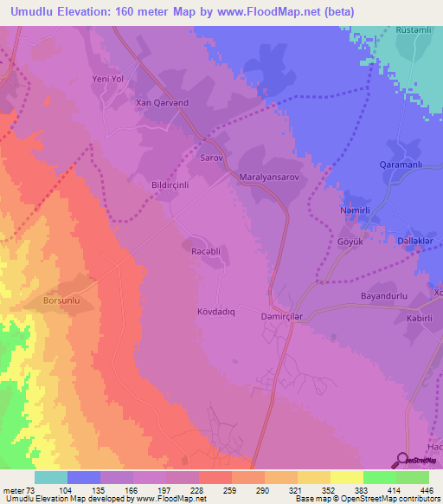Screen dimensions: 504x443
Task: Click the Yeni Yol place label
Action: coord(109,80)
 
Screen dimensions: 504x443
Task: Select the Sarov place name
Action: coord(212,159)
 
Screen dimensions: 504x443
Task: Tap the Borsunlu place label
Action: coord(62,302)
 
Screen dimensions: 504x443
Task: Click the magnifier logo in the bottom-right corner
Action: coord(403,460)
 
